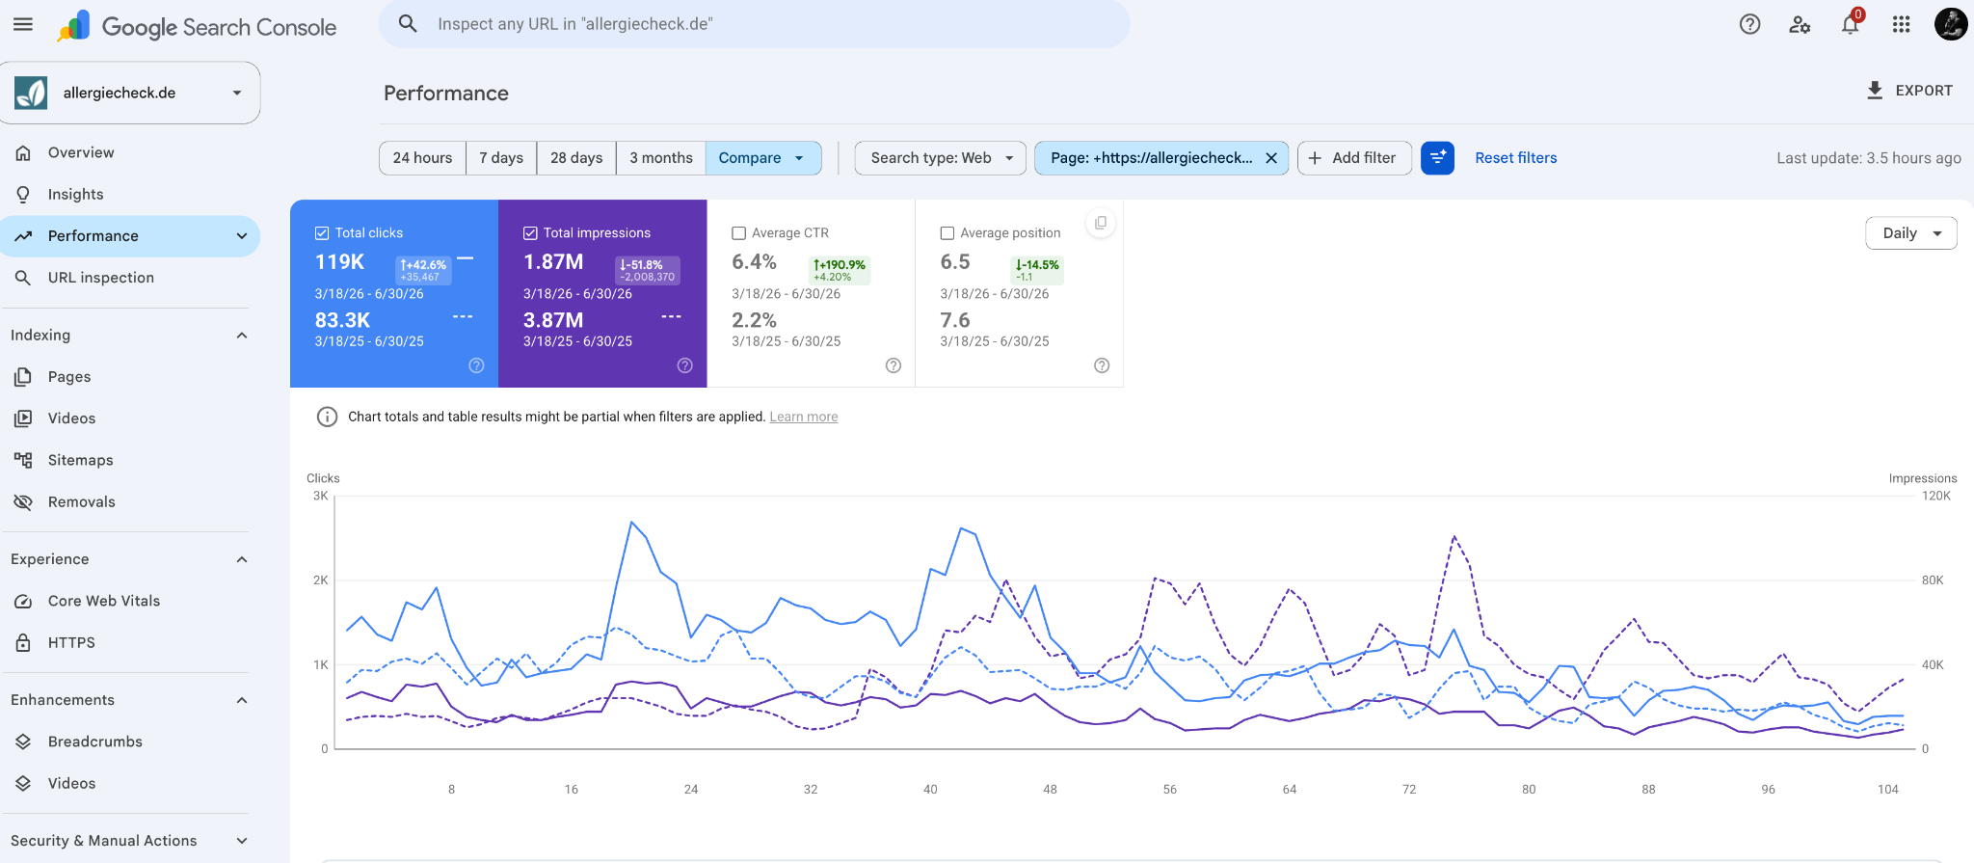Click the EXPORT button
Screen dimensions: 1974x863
point(1909,91)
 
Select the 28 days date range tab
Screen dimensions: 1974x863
point(576,158)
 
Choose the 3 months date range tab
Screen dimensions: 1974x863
point(661,158)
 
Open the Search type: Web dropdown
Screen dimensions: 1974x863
point(941,158)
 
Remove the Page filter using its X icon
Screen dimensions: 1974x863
point(1271,158)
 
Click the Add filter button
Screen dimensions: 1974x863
point(1354,158)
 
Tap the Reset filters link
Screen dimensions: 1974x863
point(1515,158)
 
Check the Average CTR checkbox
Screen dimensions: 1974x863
point(739,233)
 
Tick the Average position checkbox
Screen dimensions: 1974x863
point(947,233)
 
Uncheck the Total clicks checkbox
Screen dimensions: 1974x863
point(322,233)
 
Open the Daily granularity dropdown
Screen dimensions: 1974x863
point(1911,233)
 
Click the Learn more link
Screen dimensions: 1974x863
point(804,417)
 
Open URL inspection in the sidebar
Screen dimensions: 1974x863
point(101,278)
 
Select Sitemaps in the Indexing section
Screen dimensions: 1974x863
point(81,460)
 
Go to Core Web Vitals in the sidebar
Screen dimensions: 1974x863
point(104,601)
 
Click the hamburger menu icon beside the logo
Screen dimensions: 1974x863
point(23,24)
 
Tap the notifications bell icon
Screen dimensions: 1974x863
point(1850,24)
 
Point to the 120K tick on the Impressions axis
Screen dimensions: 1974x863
point(1935,496)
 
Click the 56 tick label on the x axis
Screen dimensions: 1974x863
point(1170,789)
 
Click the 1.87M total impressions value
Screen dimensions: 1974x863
point(553,262)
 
